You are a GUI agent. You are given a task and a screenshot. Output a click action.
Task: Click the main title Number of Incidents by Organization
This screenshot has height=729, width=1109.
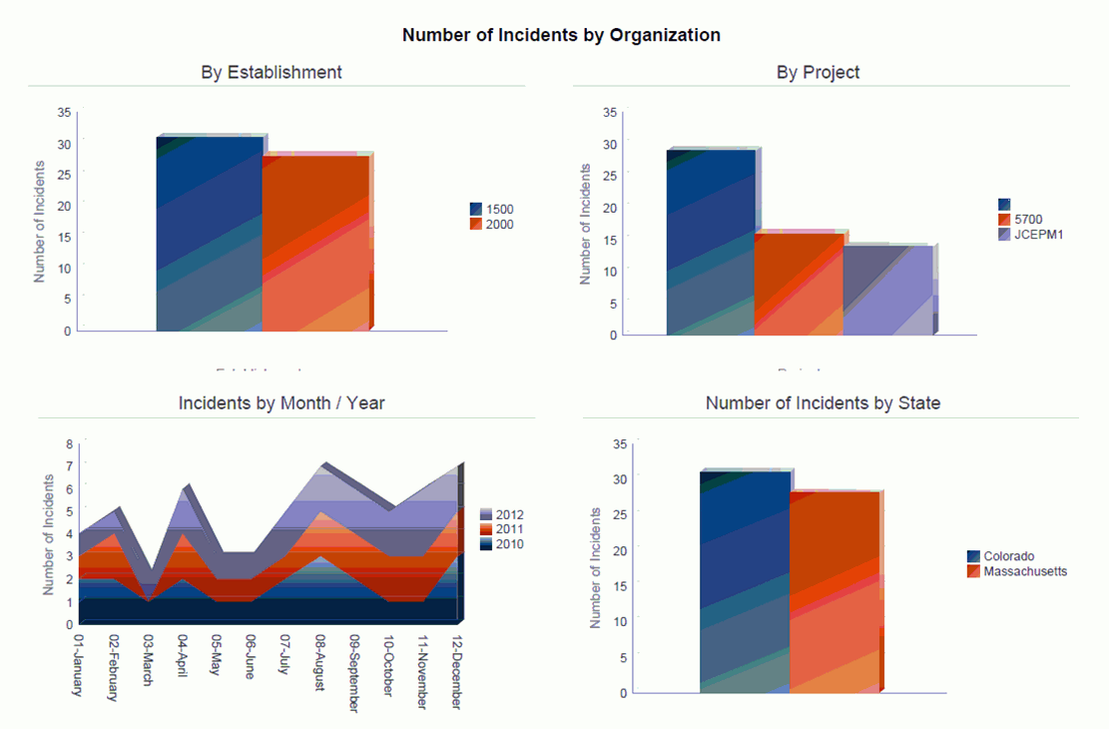click(561, 35)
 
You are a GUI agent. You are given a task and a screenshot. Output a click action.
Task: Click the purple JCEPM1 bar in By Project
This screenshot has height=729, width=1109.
click(888, 291)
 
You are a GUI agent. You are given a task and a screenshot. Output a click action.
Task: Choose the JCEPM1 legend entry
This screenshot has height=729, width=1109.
click(1033, 235)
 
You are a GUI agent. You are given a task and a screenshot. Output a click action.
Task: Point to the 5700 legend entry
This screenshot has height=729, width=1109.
click(1027, 219)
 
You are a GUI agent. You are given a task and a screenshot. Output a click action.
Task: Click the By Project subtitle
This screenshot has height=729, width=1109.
click(818, 72)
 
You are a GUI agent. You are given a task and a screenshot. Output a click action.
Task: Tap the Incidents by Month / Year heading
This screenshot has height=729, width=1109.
click(281, 403)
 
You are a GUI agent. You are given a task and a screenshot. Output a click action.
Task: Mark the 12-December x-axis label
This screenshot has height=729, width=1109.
click(456, 670)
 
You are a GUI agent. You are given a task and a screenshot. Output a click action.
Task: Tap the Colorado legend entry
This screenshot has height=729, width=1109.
click(1008, 556)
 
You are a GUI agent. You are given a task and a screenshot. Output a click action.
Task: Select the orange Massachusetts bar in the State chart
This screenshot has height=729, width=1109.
click(834, 590)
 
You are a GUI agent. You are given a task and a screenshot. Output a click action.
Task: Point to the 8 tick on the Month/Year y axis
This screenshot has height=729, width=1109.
click(70, 444)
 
